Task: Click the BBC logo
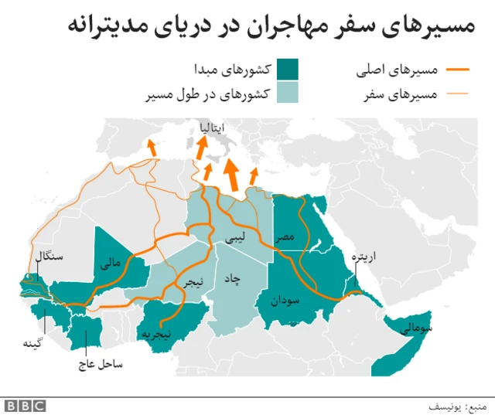tap(25, 405)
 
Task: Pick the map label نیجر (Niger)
tap(193, 284)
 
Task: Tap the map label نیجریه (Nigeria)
tap(176, 334)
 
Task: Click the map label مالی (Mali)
tap(111, 264)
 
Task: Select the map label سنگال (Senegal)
tap(49, 255)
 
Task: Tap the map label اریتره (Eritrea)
tap(362, 258)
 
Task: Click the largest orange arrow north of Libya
tap(230, 175)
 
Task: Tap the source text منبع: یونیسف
tap(463, 405)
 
